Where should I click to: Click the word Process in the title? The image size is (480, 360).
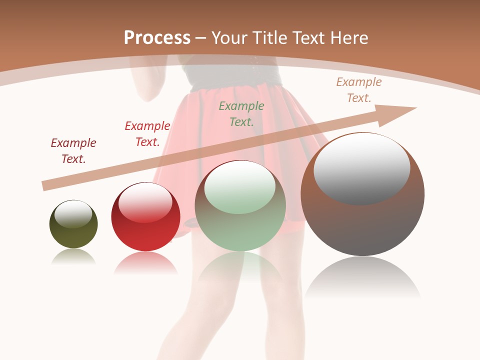[157, 38]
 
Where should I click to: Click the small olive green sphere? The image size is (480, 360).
[73, 235]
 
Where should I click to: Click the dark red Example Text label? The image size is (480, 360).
[73, 150]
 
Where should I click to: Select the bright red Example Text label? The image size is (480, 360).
[147, 133]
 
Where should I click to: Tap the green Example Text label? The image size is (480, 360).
[241, 113]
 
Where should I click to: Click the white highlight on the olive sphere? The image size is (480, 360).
[73, 213]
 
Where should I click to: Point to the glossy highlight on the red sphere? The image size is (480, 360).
[145, 202]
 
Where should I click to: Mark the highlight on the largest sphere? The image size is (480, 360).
[361, 167]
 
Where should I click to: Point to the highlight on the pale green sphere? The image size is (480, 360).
[240, 186]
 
